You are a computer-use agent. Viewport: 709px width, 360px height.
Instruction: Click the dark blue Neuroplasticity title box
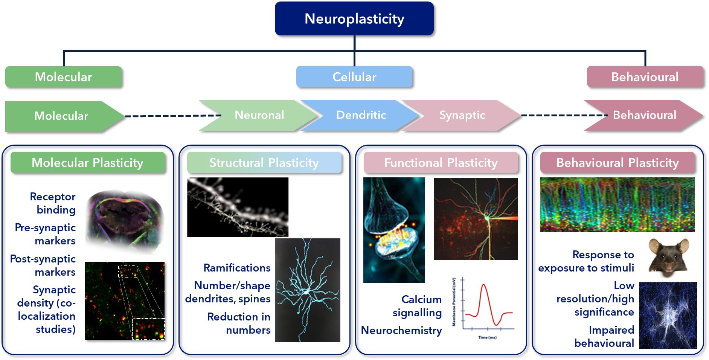tap(354, 19)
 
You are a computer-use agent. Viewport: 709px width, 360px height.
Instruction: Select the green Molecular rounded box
tap(63, 77)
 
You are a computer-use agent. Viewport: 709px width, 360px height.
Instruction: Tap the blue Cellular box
tap(354, 77)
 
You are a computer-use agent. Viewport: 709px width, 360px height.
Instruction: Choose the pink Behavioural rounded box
tap(645, 77)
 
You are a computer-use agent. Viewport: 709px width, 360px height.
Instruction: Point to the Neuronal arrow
tap(259, 115)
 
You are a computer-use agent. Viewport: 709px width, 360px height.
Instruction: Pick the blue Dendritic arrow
tap(361, 115)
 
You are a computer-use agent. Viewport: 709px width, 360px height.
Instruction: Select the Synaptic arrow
tap(462, 115)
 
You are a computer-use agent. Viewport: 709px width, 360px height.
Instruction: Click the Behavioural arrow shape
tap(644, 115)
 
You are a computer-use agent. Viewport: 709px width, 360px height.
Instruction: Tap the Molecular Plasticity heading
tap(87, 163)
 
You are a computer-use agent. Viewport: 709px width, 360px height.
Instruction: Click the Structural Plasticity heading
tap(264, 163)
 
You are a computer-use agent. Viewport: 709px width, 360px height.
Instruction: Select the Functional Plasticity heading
tap(441, 163)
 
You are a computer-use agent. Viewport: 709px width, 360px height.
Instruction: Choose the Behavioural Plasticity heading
tap(617, 163)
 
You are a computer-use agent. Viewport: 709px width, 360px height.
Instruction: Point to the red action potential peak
tap(484, 286)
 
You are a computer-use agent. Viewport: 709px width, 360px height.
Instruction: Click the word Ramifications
tap(237, 268)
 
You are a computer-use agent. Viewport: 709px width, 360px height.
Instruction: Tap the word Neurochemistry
tap(401, 330)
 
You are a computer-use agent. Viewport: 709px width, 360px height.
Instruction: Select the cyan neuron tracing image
tap(308, 290)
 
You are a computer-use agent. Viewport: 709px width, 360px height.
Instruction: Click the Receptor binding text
tap(53, 203)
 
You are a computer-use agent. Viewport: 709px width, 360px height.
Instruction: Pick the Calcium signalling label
tap(417, 306)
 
